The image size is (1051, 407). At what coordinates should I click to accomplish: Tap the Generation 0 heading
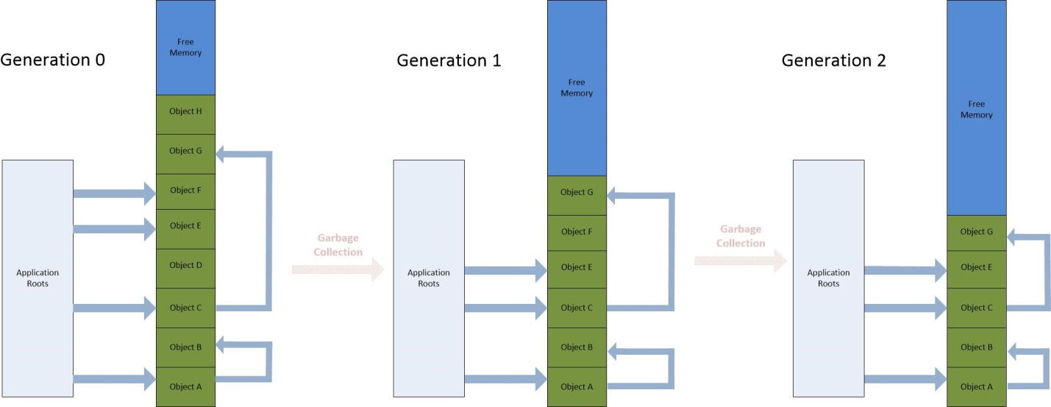(53, 60)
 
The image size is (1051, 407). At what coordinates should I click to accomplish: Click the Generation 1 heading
(449, 60)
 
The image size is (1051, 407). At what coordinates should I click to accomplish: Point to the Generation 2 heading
(833, 60)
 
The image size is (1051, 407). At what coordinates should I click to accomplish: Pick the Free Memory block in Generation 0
(185, 47)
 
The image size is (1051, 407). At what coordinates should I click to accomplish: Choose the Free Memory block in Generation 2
(976, 110)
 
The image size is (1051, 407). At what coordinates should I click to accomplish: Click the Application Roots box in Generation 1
(429, 277)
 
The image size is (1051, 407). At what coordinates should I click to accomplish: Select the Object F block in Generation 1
(577, 232)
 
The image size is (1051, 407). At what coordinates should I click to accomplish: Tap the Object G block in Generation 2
(976, 232)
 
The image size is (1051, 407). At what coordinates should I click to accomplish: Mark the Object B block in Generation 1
(577, 347)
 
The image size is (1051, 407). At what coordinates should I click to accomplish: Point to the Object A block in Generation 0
(185, 386)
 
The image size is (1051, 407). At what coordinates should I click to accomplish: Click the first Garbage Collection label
(338, 245)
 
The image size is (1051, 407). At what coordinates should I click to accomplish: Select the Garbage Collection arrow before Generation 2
(740, 260)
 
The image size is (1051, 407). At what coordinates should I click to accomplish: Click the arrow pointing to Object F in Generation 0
(115, 194)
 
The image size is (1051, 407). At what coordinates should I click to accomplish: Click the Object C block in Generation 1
(577, 308)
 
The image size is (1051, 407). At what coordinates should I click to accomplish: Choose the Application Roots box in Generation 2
(828, 277)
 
